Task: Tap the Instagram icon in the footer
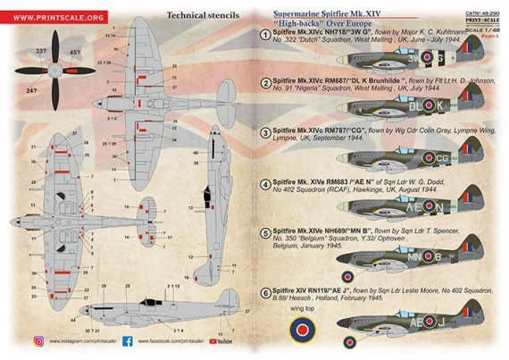(38, 340)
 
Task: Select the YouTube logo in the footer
(224, 340)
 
